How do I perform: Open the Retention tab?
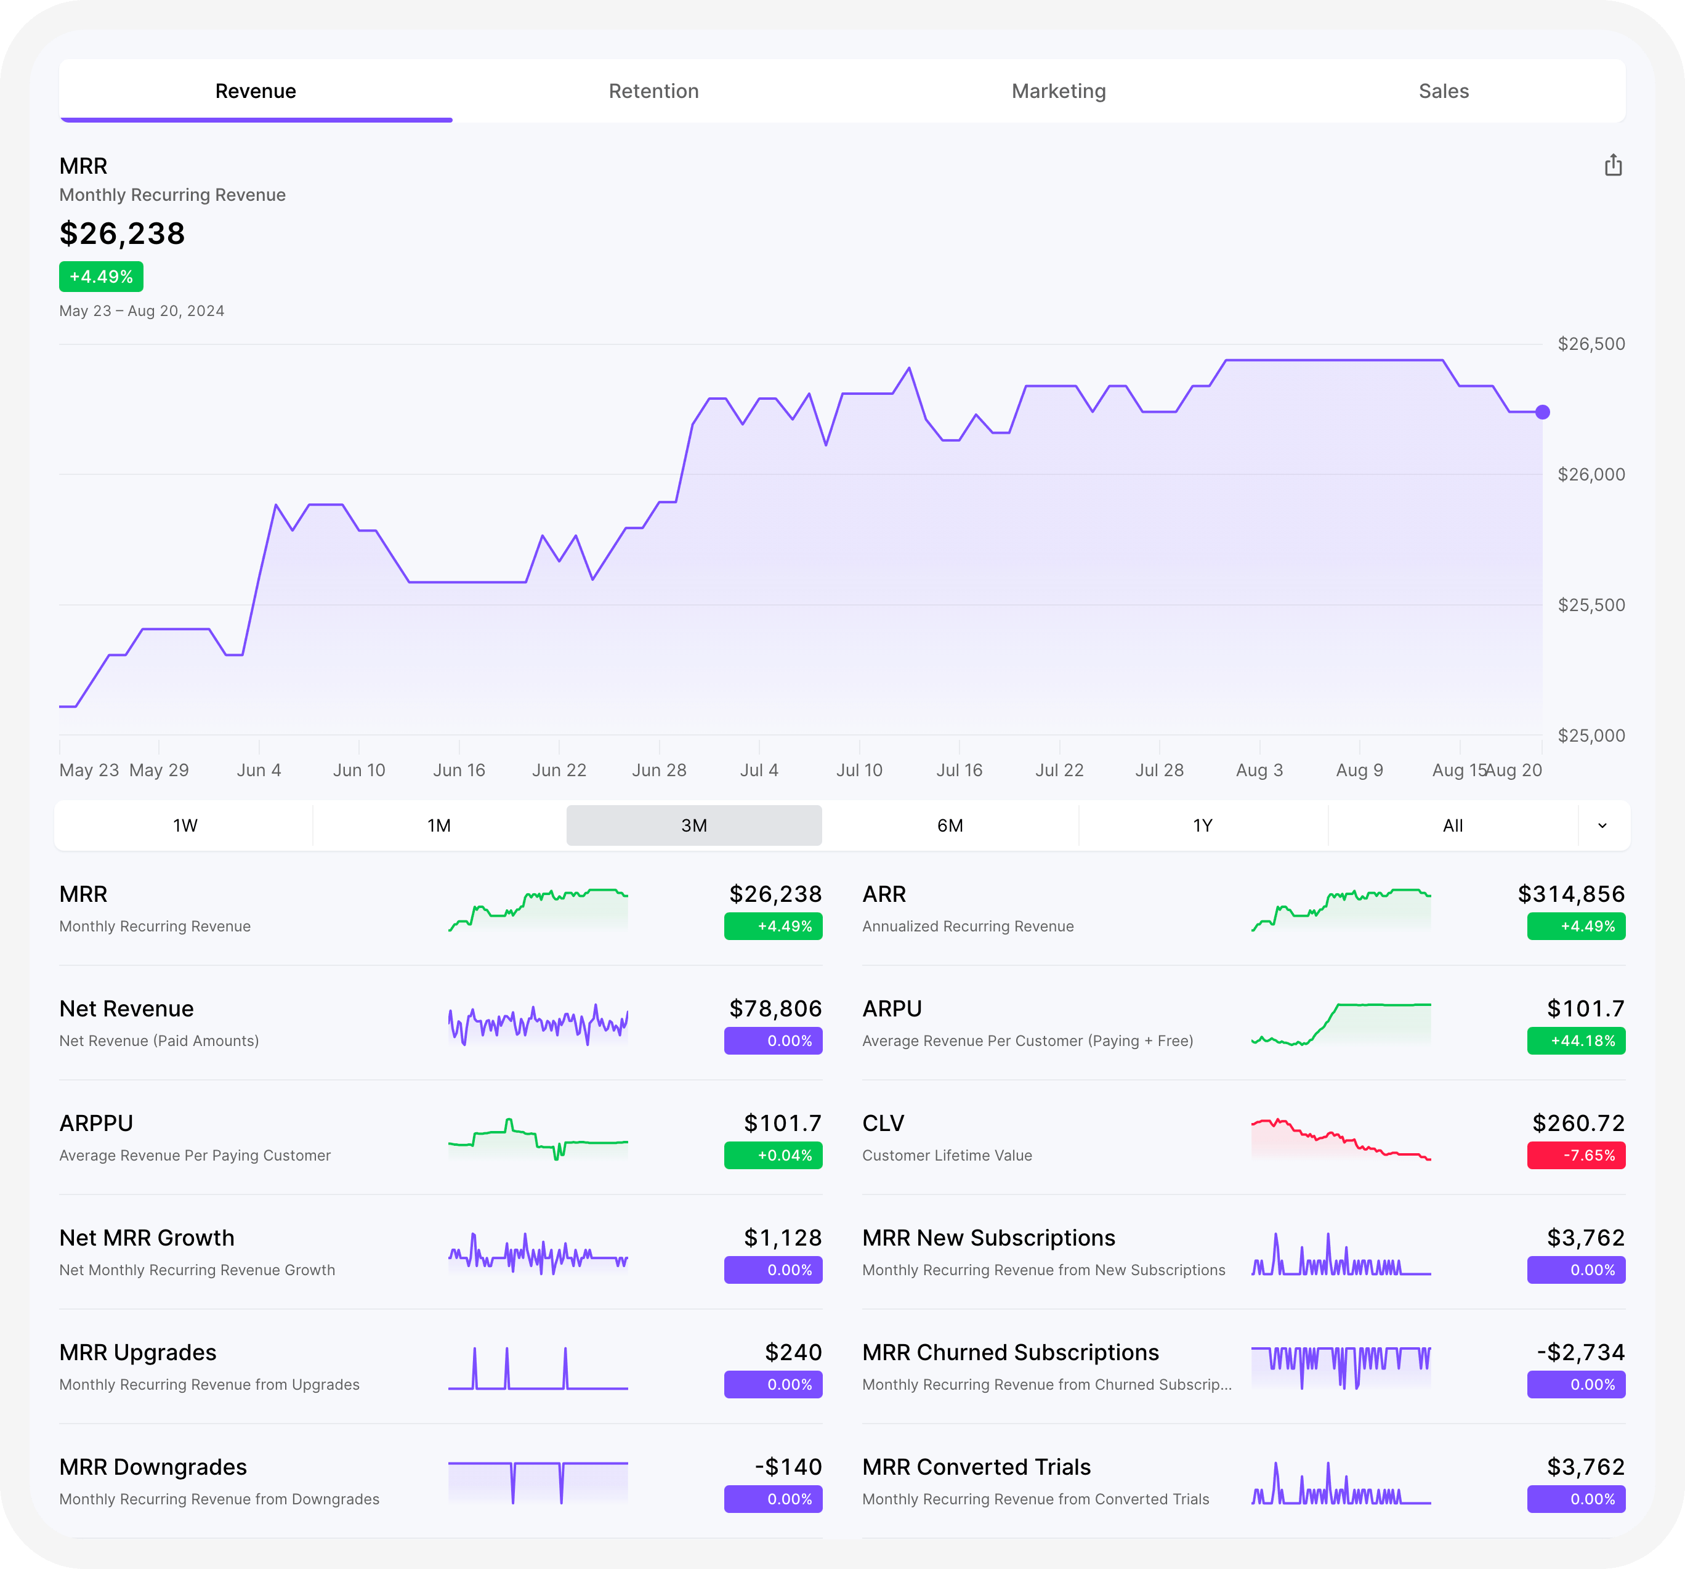pyautogui.click(x=653, y=92)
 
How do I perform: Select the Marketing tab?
pyautogui.click(x=1059, y=92)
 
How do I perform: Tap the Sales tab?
pyautogui.click(x=1444, y=92)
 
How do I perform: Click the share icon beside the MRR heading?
pyautogui.click(x=1613, y=165)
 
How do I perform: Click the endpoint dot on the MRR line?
pyautogui.click(x=1543, y=412)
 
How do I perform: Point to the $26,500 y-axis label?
pyautogui.click(x=1591, y=344)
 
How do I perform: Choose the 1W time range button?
pyautogui.click(x=185, y=825)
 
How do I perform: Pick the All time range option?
pyautogui.click(x=1453, y=825)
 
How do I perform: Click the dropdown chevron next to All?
pyautogui.click(x=1602, y=825)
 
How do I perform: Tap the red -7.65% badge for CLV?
pyautogui.click(x=1575, y=1156)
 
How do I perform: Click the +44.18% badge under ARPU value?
pyautogui.click(x=1575, y=1041)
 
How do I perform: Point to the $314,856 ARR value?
pyautogui.click(x=1570, y=894)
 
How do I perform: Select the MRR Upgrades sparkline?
pyautogui.click(x=538, y=1368)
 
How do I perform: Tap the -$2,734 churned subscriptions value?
pyautogui.click(x=1581, y=1352)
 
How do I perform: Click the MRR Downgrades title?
pyautogui.click(x=153, y=1467)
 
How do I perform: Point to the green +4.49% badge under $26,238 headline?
pyautogui.click(x=101, y=277)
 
